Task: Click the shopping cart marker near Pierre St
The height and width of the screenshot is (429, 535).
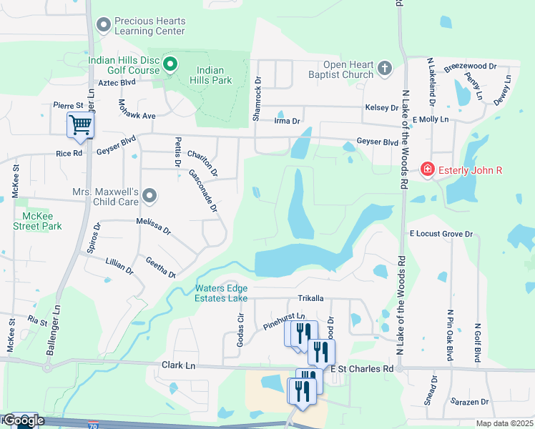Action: pos(80,125)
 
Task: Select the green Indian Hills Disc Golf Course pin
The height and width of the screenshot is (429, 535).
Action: pos(170,65)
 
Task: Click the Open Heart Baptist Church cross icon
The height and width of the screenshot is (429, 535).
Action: pos(385,69)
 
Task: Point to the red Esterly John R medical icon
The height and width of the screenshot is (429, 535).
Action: pos(428,169)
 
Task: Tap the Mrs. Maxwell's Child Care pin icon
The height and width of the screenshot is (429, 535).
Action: pos(149,195)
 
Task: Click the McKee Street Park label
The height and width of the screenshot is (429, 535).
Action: pos(37,221)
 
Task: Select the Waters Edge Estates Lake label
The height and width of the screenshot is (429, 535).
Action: pos(222,293)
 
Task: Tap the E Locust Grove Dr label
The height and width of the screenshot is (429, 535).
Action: pos(441,234)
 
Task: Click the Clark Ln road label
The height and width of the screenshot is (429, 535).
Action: pos(179,365)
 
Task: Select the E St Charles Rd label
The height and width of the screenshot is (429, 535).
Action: pos(363,369)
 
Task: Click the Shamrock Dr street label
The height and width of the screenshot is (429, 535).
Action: pos(257,99)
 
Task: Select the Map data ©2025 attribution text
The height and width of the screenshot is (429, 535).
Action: pos(505,423)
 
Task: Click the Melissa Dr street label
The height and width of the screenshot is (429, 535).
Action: pos(154,227)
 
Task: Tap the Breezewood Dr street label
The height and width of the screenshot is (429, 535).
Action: pos(470,66)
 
